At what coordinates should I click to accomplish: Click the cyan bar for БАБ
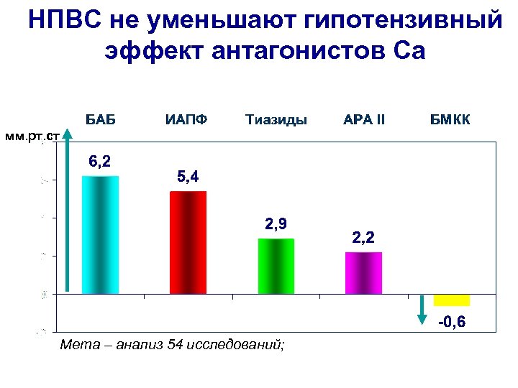(x=100, y=235)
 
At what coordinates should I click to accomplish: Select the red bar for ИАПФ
(x=188, y=242)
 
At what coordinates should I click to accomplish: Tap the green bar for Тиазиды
(x=276, y=266)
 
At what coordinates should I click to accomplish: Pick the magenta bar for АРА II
(x=363, y=273)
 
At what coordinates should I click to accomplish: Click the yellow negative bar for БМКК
(x=451, y=300)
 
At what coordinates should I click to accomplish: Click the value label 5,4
(x=188, y=176)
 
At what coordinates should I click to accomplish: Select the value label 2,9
(x=276, y=224)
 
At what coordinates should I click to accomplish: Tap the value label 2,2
(x=363, y=236)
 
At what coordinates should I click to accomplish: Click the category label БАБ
(x=101, y=119)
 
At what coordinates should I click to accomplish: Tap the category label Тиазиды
(x=276, y=119)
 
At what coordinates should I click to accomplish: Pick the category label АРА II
(x=364, y=119)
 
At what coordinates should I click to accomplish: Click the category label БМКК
(x=450, y=119)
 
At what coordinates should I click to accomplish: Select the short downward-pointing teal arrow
(x=422, y=310)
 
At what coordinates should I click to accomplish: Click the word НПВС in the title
(x=65, y=22)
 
